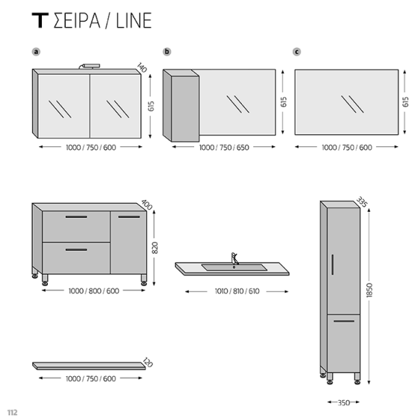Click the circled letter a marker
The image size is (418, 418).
point(36,52)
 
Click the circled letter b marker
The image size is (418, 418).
point(167,52)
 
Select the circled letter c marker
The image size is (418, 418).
point(297,52)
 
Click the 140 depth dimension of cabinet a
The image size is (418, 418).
point(143,68)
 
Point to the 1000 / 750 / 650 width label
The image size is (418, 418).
point(223,148)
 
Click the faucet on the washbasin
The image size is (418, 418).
point(234,258)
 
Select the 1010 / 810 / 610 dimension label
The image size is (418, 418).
point(233,291)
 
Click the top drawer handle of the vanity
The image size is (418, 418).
point(77,217)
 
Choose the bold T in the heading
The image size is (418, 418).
point(40,21)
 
